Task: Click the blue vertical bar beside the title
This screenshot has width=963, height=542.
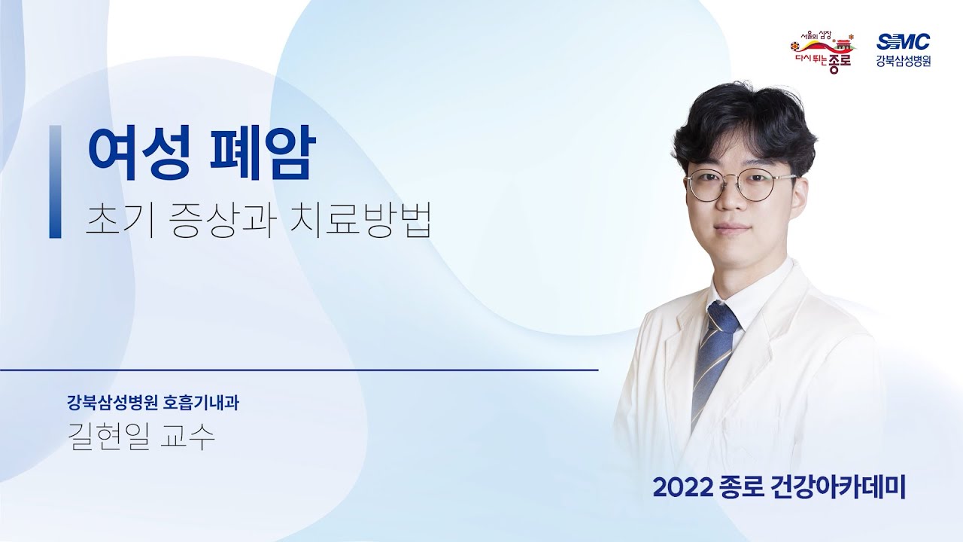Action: tap(55, 181)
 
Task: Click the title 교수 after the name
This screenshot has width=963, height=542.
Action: tap(188, 437)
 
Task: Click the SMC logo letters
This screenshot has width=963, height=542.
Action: tap(903, 42)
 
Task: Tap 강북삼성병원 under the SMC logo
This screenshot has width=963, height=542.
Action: tap(903, 62)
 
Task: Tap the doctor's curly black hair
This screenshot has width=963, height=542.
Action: tap(745, 120)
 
